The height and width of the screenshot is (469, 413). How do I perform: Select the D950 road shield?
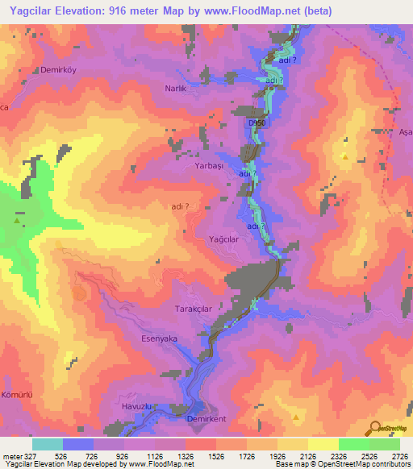[257, 122]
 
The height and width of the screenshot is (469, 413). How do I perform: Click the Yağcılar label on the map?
[223, 239]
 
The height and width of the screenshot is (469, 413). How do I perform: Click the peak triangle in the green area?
[17, 219]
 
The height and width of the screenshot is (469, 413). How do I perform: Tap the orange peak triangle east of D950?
[345, 157]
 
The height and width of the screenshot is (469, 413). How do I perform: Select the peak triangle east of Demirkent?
[297, 417]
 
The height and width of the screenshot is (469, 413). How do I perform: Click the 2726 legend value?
[399, 456]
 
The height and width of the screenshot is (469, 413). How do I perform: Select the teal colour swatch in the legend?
[48, 444]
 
